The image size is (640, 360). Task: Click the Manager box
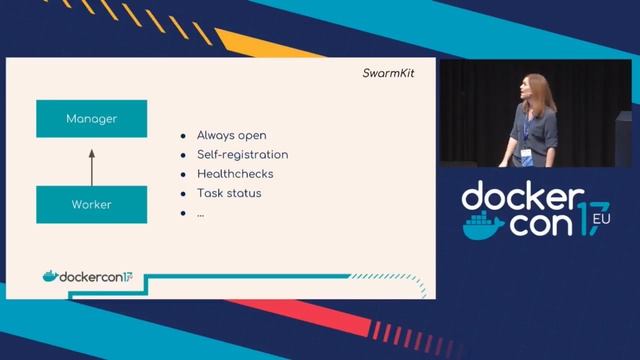[91, 119]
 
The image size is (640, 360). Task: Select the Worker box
[91, 204]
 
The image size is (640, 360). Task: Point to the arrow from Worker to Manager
[91, 165]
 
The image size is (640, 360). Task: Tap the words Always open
[231, 135]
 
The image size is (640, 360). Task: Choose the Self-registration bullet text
[242, 155]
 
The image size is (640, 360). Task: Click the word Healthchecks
[235, 174]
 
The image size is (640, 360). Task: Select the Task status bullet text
[229, 193]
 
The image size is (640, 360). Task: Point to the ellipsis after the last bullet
[201, 213]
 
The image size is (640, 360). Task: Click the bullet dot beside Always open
[183, 136]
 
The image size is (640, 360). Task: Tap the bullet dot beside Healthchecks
[183, 175]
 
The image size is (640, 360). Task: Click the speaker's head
[535, 89]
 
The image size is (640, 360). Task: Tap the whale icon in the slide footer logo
[50, 276]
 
